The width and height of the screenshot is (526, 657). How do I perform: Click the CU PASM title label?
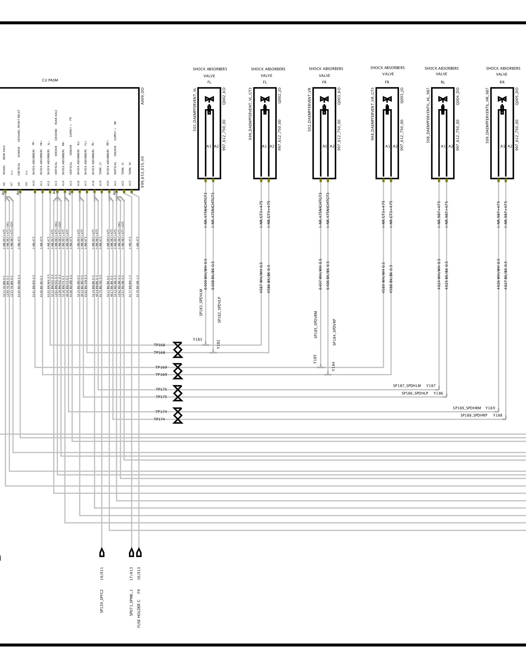click(50, 80)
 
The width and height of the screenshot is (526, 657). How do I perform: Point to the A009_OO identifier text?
click(142, 96)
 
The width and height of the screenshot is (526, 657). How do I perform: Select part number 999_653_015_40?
click(142, 172)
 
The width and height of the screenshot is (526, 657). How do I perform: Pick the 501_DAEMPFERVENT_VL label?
click(195, 110)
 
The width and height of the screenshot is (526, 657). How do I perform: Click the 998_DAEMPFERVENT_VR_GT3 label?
click(373, 114)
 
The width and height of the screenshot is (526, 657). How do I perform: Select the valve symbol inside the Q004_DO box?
click(443, 99)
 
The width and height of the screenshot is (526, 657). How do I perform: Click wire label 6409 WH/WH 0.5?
click(206, 274)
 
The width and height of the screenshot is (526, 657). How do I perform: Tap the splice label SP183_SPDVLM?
click(201, 303)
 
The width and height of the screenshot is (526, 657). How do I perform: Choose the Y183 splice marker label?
click(197, 339)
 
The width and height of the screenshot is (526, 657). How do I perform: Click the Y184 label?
click(333, 367)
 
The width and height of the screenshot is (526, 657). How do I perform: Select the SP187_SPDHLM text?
click(407, 386)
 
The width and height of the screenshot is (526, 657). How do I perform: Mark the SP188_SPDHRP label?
click(474, 416)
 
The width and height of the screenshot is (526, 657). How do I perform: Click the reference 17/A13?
click(131, 574)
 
